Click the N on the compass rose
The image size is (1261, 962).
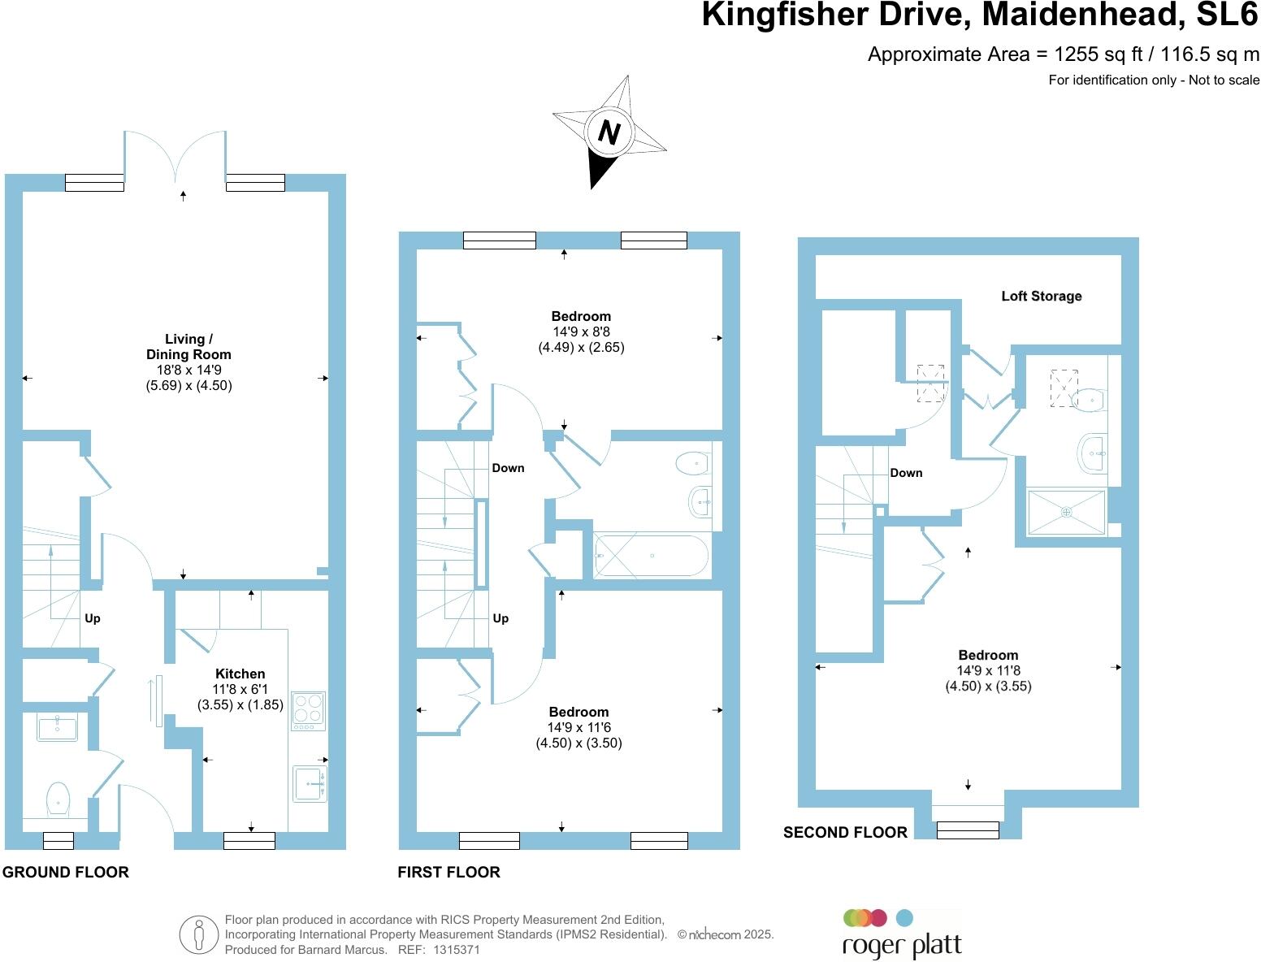[x=609, y=132]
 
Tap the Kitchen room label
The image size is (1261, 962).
[x=240, y=674]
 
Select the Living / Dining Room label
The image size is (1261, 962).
[x=188, y=347]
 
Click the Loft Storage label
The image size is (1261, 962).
[x=1041, y=297]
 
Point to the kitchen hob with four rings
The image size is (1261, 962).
[x=308, y=708]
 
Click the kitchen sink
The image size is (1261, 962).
[x=310, y=783]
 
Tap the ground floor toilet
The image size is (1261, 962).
[x=58, y=798]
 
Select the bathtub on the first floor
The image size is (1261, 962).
[x=651, y=556]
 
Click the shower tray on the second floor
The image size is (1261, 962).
[x=1066, y=512]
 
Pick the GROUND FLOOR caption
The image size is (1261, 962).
[x=65, y=873]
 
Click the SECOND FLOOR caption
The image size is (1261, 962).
[x=845, y=833]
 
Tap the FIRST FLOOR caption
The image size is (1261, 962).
[x=448, y=873]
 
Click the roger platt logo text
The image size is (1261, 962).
[x=902, y=947]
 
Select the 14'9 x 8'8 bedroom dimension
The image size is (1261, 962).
[x=581, y=331]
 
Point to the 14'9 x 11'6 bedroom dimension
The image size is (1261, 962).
[x=578, y=727]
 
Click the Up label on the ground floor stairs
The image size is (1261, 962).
[x=93, y=618]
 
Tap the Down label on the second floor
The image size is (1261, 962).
[x=906, y=473]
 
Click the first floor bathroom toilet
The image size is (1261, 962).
[x=692, y=463]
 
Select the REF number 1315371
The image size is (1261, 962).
[x=457, y=949]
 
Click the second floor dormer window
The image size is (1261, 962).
[x=967, y=830]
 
